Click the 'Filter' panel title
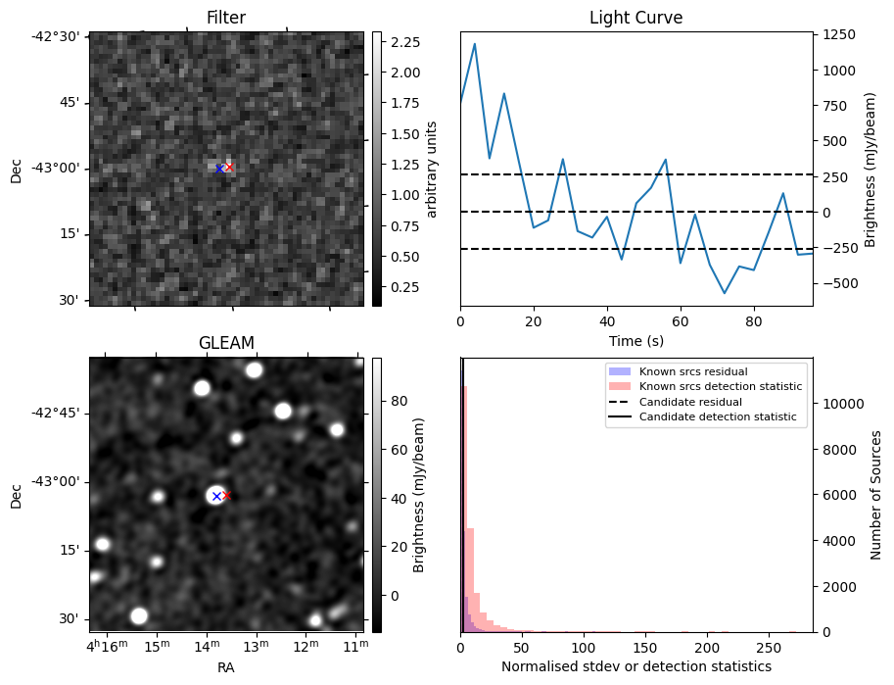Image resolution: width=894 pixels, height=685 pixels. [225, 18]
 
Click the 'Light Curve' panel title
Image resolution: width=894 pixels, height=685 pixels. [635, 18]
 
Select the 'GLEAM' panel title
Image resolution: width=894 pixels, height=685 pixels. [225, 343]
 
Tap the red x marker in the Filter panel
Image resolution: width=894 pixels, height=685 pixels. [229, 168]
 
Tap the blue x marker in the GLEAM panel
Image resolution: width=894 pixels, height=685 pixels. [216, 497]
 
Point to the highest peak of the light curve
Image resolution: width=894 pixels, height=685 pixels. [475, 44]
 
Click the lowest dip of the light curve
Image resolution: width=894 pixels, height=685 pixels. [725, 293]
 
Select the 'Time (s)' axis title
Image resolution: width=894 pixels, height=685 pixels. [635, 341]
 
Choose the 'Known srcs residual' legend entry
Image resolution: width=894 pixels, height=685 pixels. [693, 372]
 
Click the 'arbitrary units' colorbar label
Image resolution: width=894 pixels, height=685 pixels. [432, 170]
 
